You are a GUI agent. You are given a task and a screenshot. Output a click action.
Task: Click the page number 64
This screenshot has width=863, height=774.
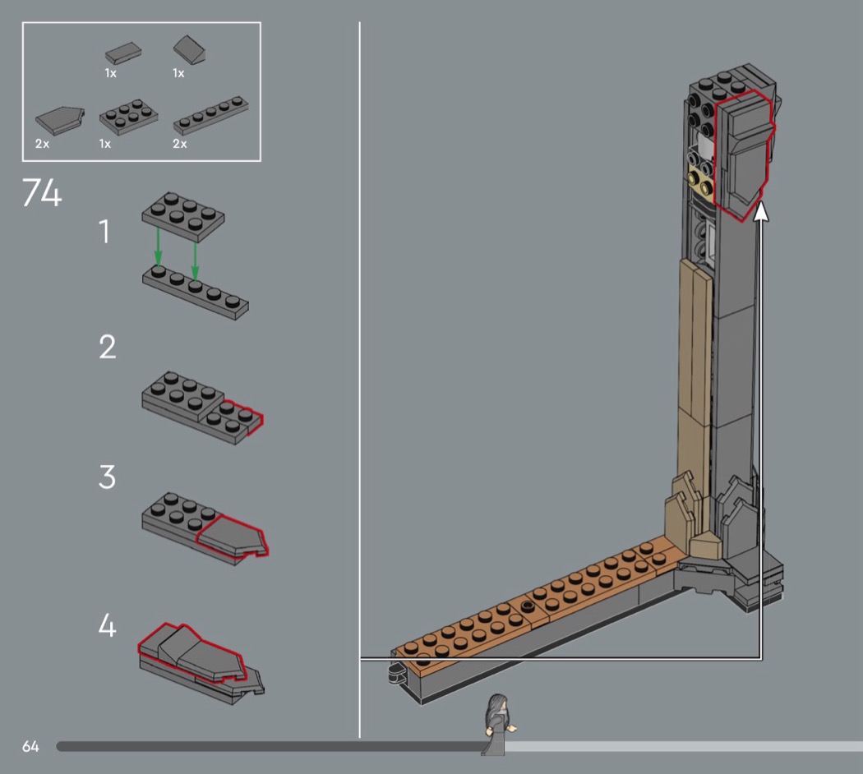pyautogui.click(x=30, y=746)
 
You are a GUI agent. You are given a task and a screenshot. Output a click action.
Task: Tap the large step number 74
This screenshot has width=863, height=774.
pyautogui.click(x=42, y=192)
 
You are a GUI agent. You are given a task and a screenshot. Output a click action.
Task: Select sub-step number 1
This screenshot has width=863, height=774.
pyautogui.click(x=104, y=231)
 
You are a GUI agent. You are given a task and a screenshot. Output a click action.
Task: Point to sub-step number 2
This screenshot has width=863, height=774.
pyautogui.click(x=108, y=347)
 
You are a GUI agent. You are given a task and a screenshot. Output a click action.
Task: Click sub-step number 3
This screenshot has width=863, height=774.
pyautogui.click(x=108, y=477)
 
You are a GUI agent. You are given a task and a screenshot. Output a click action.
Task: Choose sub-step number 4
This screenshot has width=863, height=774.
pyautogui.click(x=108, y=625)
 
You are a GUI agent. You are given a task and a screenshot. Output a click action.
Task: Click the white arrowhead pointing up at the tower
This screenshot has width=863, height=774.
pyautogui.click(x=761, y=212)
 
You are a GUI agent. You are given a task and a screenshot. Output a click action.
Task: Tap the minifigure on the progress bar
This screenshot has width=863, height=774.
pyautogui.click(x=498, y=724)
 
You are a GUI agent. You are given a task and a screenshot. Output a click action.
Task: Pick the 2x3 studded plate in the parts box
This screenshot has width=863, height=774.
pyautogui.click(x=128, y=116)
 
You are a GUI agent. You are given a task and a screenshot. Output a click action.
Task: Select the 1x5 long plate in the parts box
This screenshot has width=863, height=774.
pyautogui.click(x=210, y=116)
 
